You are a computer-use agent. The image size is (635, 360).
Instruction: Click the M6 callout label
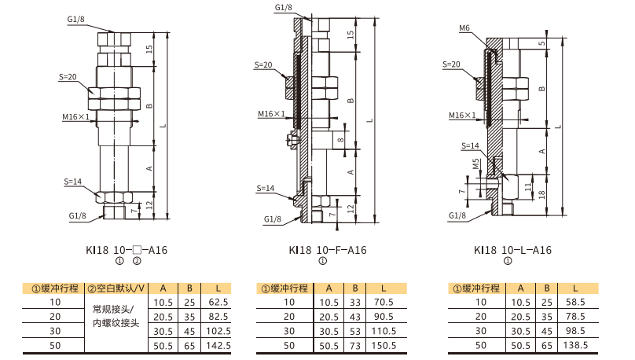click(464, 28)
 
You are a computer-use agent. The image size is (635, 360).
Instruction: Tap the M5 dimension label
click(475, 163)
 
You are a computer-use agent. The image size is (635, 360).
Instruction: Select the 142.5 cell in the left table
click(218, 345)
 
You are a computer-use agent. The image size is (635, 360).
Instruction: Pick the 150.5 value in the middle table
click(384, 345)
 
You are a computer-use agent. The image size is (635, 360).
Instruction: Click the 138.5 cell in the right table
click(575, 345)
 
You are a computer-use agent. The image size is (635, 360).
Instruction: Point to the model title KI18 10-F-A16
click(328, 250)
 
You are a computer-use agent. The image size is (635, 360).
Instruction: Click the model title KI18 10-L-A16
click(512, 250)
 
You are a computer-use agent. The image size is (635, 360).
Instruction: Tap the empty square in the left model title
click(137, 249)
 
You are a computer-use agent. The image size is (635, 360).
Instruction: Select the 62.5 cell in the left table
click(218, 302)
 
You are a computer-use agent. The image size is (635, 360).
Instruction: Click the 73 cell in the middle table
click(355, 345)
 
